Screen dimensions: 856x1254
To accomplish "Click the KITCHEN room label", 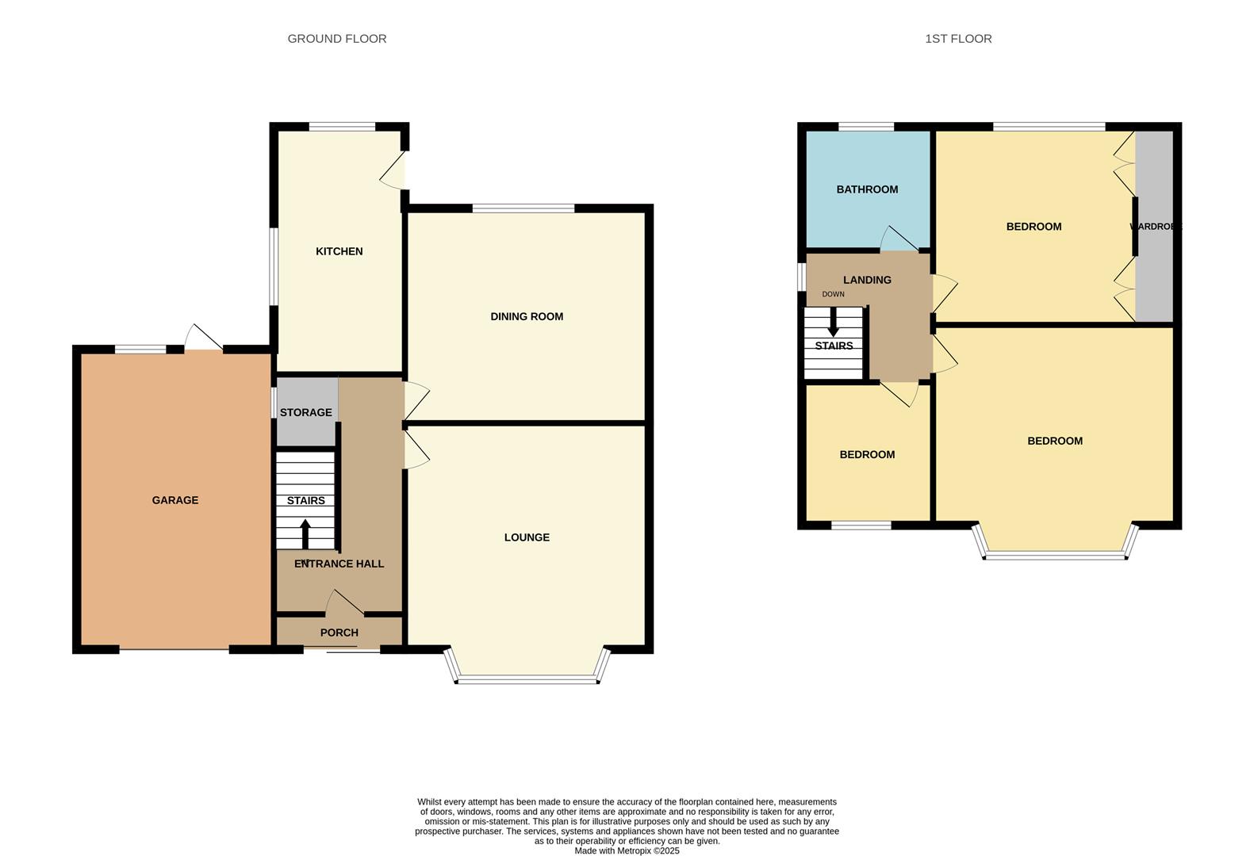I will pos(339,251).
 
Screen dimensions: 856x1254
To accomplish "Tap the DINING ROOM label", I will pos(527,316).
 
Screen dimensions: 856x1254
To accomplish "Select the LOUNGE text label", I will pos(527,537).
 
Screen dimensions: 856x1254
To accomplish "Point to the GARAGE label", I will pos(175,500).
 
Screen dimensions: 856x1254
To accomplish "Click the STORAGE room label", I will pos(305,412).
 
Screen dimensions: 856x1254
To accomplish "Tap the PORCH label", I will pos(339,632).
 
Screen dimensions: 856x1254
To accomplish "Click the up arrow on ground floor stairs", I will pos(305,533).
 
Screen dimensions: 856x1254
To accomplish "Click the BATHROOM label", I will pos(867,189).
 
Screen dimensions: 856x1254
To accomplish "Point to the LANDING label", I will pos(867,280).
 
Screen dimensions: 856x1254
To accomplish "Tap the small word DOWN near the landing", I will pos(833,294).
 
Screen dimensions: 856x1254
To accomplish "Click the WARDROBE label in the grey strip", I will pos(1155,227).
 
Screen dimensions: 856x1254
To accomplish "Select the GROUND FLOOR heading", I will pos(337,38).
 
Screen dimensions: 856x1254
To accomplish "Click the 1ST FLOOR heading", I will pos(958,38).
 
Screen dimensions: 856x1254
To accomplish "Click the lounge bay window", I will pos(527,678).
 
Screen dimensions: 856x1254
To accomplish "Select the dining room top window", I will pos(523,208).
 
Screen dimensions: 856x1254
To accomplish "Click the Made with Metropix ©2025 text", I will pos(627,850).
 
